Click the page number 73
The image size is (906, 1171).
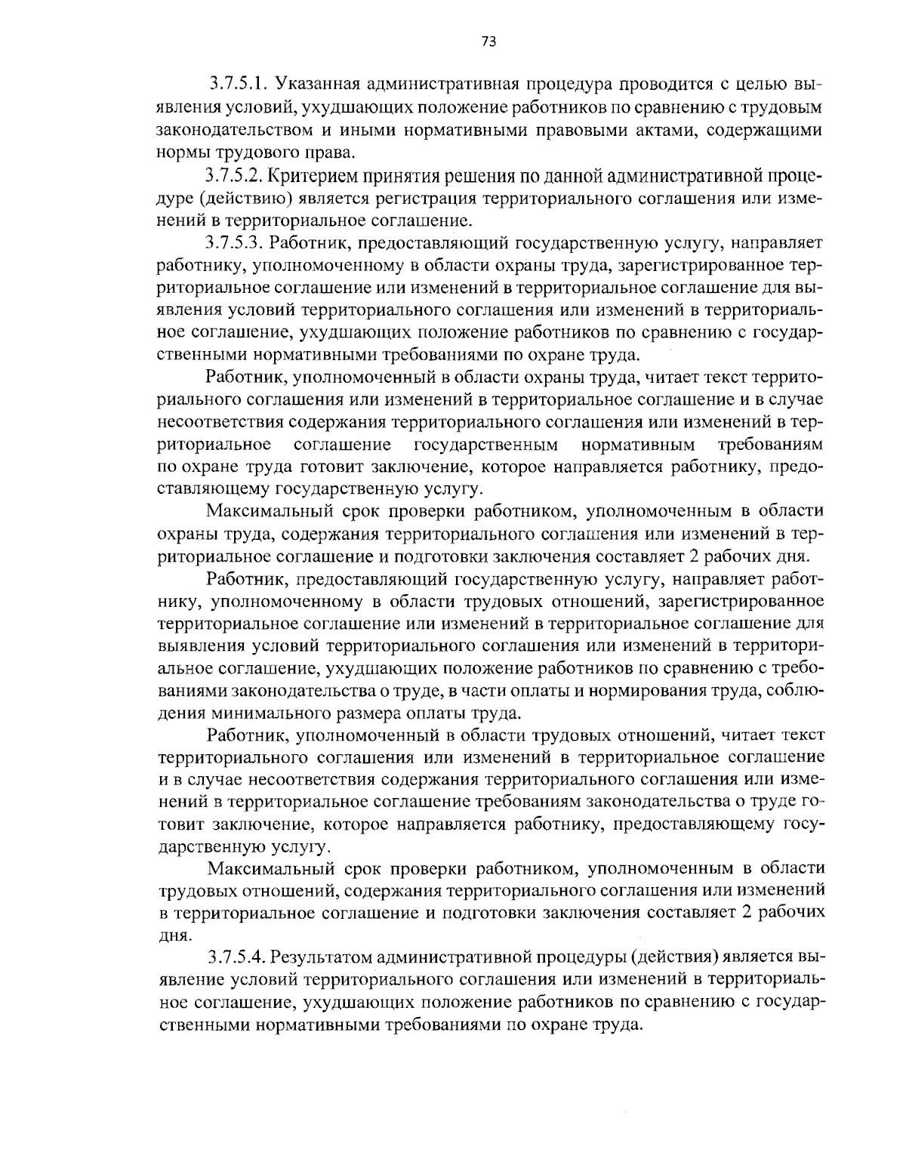(x=488, y=43)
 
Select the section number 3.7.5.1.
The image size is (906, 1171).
(x=236, y=82)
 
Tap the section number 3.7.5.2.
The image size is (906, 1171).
(x=233, y=176)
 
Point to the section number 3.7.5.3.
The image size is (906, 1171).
(x=233, y=244)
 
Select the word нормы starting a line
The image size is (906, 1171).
(x=183, y=152)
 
